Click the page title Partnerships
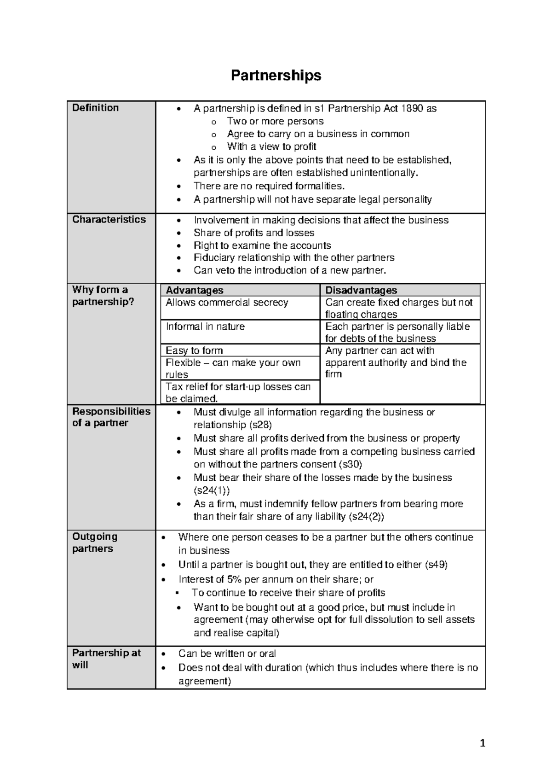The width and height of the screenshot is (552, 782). pyautogui.click(x=276, y=75)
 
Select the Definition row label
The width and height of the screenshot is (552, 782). pyautogui.click(x=95, y=108)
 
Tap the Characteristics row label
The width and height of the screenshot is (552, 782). pyautogui.click(x=109, y=220)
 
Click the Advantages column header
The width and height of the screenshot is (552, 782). pyautogui.click(x=194, y=290)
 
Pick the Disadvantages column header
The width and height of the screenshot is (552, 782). pyautogui.click(x=361, y=290)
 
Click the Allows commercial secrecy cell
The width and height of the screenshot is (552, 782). pyautogui.click(x=227, y=303)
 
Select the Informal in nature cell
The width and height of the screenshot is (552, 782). pyautogui.click(x=205, y=327)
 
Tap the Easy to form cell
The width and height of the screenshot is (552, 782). pyautogui.click(x=194, y=350)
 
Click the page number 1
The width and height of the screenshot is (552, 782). pyautogui.click(x=482, y=743)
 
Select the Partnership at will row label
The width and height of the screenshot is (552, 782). pyautogui.click(x=106, y=659)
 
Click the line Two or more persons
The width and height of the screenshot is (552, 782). pyautogui.click(x=275, y=121)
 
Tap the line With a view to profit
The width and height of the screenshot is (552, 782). pyautogui.click(x=271, y=146)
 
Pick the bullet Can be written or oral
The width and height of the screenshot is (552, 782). pyautogui.click(x=227, y=654)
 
